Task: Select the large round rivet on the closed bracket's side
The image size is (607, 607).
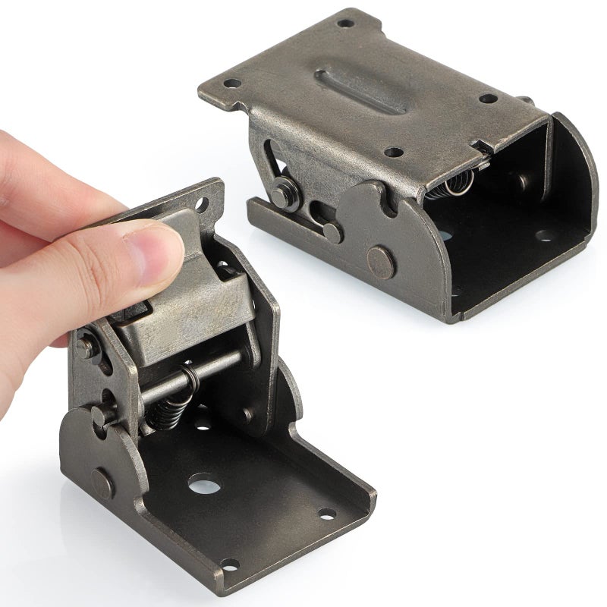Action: point(379,259)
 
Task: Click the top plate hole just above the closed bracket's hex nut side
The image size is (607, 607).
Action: point(392,152)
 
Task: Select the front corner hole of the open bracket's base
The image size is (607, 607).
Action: point(228,565)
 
